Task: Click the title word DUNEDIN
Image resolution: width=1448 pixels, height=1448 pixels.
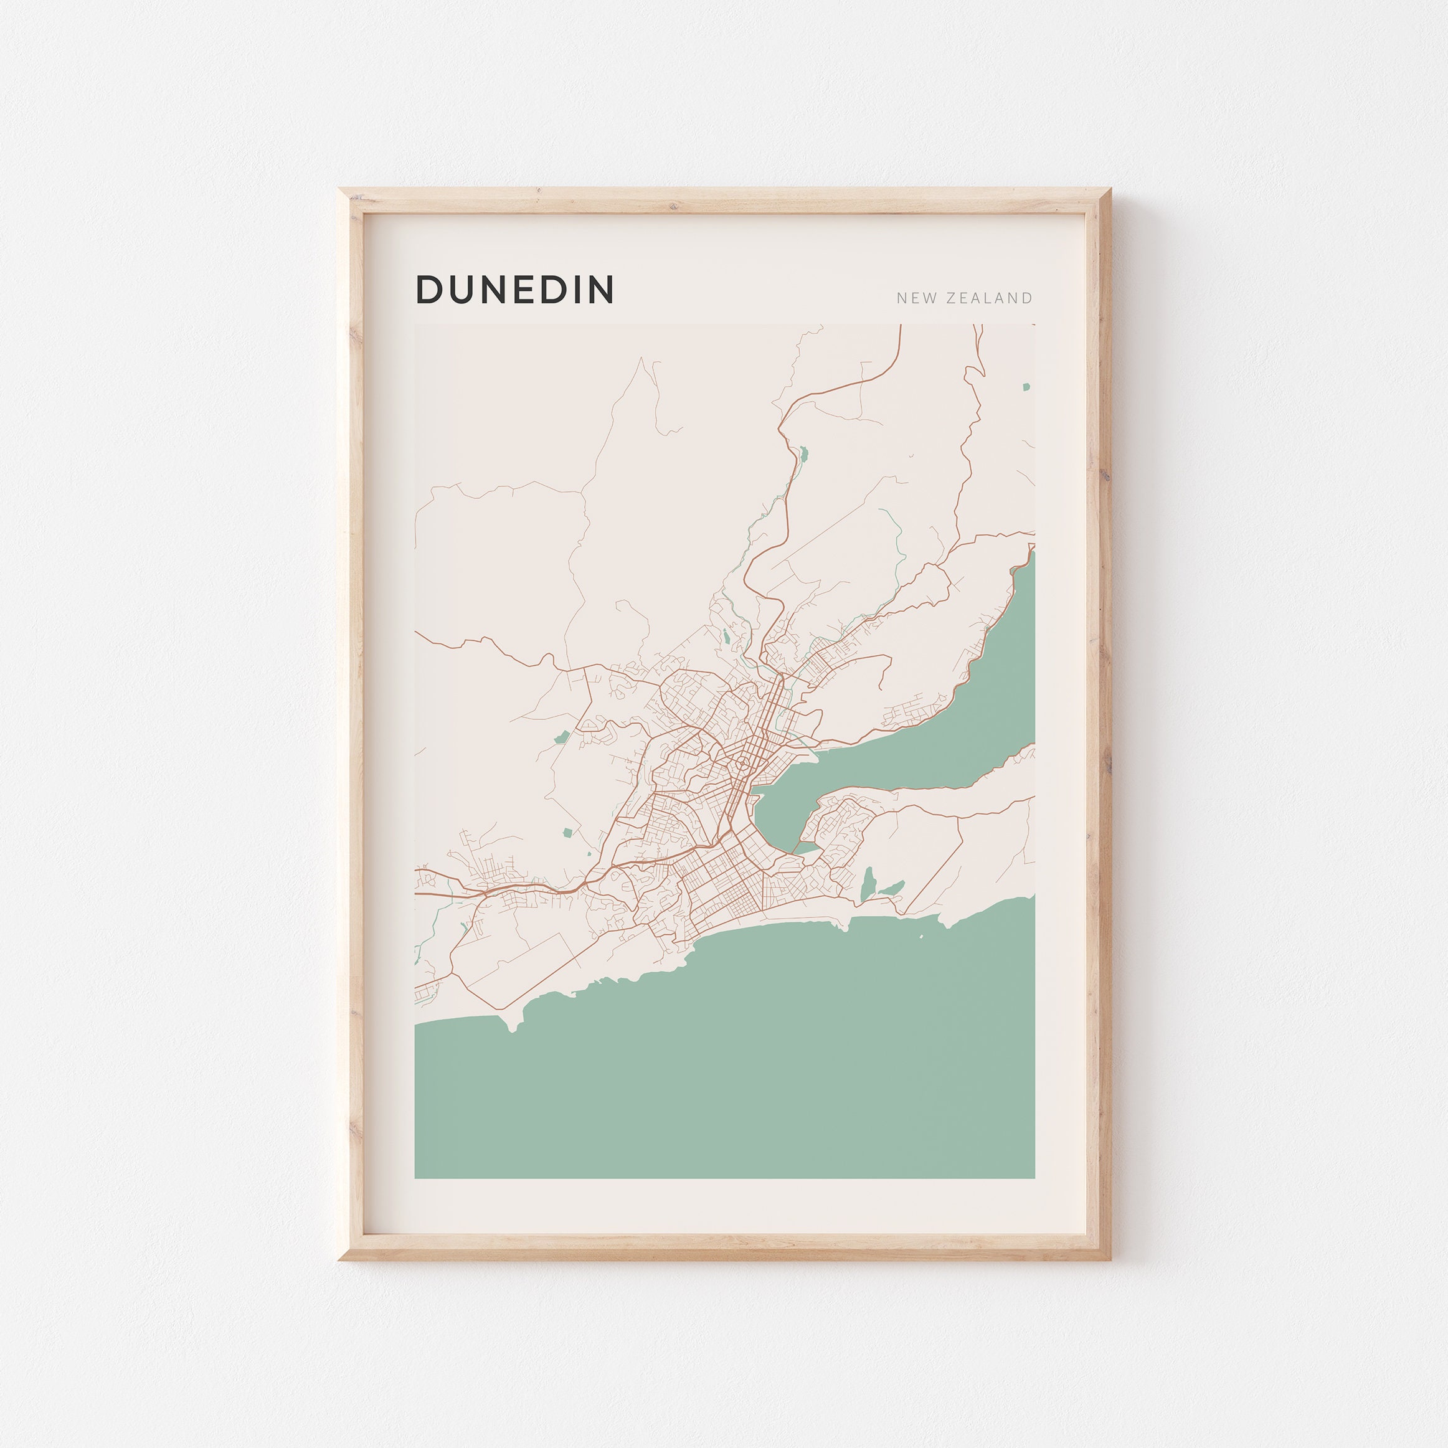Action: point(515,290)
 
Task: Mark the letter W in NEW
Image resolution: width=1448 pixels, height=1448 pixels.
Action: point(929,298)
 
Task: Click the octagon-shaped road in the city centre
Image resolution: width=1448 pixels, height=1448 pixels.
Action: point(741,764)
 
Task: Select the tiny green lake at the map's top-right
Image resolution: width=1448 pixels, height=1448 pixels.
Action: point(1026,387)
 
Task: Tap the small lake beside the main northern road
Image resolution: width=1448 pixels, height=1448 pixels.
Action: point(803,453)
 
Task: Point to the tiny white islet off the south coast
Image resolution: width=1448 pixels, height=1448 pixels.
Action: point(921,937)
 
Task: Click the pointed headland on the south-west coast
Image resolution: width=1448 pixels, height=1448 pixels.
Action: point(513,1029)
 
